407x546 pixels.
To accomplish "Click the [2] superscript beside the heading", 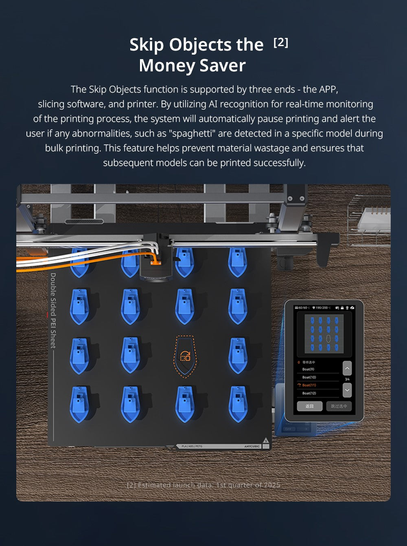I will [x=281, y=42].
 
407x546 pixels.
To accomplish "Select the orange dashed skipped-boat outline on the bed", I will [x=185, y=356].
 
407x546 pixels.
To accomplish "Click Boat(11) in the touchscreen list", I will [x=309, y=385].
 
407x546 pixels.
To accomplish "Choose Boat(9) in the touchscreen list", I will [x=308, y=369].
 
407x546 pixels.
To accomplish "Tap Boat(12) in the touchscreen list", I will [x=309, y=393].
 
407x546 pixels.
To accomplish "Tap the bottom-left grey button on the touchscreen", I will [x=309, y=406].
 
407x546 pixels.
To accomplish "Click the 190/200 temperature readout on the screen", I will [x=323, y=307].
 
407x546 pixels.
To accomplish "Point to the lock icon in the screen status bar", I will [x=342, y=307].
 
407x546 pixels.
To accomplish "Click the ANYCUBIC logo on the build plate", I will [x=252, y=447].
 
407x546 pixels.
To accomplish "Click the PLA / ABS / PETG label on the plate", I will [x=192, y=447].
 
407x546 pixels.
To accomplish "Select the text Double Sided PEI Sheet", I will [x=53, y=310].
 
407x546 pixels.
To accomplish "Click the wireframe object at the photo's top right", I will [x=370, y=220].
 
